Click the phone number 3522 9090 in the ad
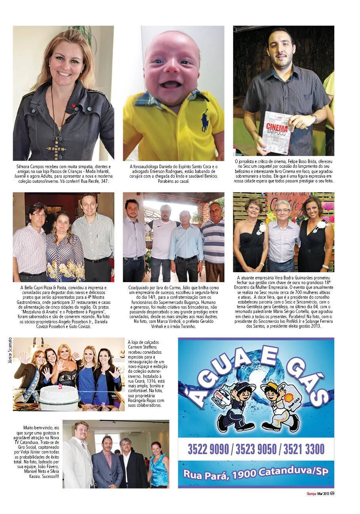coord(208,449)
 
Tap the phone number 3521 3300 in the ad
coord(303,449)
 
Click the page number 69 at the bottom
coord(332,493)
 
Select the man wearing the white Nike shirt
coord(161,241)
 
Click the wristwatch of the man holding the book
coord(314,118)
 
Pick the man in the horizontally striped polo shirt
coord(213,241)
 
